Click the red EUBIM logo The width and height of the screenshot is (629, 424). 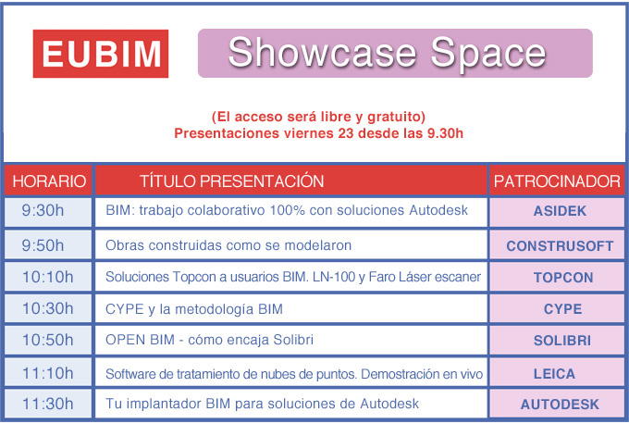pos(101,54)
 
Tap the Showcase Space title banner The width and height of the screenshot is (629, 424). pos(395,53)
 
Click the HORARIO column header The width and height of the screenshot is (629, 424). pos(48,181)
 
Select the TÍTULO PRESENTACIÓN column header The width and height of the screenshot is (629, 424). pos(291,181)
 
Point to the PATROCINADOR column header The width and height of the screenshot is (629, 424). pos(557,181)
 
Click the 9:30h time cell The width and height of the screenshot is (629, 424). pos(48,212)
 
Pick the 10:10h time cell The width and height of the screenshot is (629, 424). pos(48,277)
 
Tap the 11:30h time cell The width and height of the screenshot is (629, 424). pos(48,404)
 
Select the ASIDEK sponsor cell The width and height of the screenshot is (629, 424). pos(557,212)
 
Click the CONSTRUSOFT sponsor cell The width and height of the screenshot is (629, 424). pos(557,245)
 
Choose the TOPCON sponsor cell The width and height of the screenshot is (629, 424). pos(557,277)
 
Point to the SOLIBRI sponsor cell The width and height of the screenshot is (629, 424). pos(557,340)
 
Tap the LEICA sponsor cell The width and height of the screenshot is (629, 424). pos(557,372)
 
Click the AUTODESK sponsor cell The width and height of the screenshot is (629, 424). pos(557,404)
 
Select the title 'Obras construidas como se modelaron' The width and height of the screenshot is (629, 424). pos(228,245)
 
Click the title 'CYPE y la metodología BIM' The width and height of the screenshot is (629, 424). pos(194,309)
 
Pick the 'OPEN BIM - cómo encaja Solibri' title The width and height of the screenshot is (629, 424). pos(209,340)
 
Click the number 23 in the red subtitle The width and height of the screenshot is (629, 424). pos(345,133)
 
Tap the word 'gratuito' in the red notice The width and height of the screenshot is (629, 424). pos(396,117)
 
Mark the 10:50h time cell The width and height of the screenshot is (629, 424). pos(48,340)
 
